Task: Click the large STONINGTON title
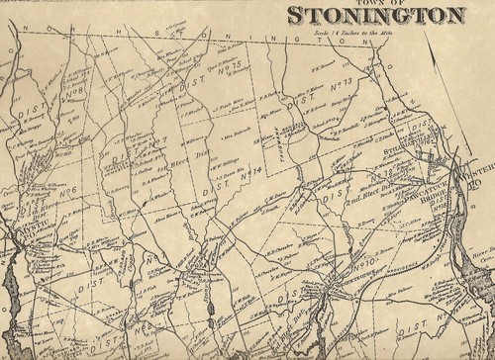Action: click(x=375, y=15)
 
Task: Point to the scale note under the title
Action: click(x=377, y=29)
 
